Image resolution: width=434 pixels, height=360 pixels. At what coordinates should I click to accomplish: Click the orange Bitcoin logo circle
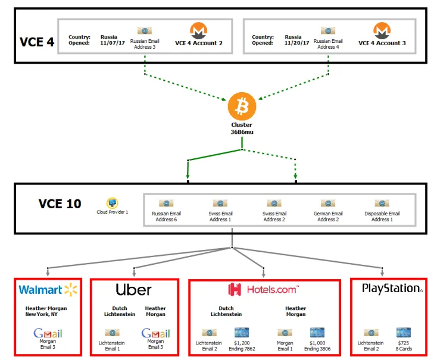(242, 107)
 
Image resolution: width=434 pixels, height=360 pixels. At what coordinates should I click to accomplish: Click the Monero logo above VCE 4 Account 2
(198, 30)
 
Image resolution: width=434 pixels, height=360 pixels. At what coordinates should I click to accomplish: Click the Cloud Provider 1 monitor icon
(113, 203)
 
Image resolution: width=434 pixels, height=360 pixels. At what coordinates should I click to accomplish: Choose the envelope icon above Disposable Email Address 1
(382, 204)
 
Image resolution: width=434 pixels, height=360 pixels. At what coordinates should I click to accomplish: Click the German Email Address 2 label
(328, 217)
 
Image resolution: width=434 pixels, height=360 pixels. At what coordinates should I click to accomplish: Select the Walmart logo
(48, 290)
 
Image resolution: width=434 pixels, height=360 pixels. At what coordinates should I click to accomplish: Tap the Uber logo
(133, 290)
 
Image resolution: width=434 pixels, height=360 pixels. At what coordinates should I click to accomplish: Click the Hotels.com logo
(263, 290)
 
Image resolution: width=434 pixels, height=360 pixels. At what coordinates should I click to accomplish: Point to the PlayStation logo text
(392, 289)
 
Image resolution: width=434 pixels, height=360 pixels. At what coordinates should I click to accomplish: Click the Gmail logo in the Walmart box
(48, 334)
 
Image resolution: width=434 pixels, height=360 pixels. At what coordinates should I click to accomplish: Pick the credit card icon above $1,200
(241, 333)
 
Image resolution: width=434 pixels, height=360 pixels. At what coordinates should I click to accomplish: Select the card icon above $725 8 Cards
(404, 333)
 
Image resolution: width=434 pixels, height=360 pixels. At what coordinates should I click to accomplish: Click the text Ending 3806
(317, 349)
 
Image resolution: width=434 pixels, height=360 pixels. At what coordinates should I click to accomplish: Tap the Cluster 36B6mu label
(242, 129)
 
